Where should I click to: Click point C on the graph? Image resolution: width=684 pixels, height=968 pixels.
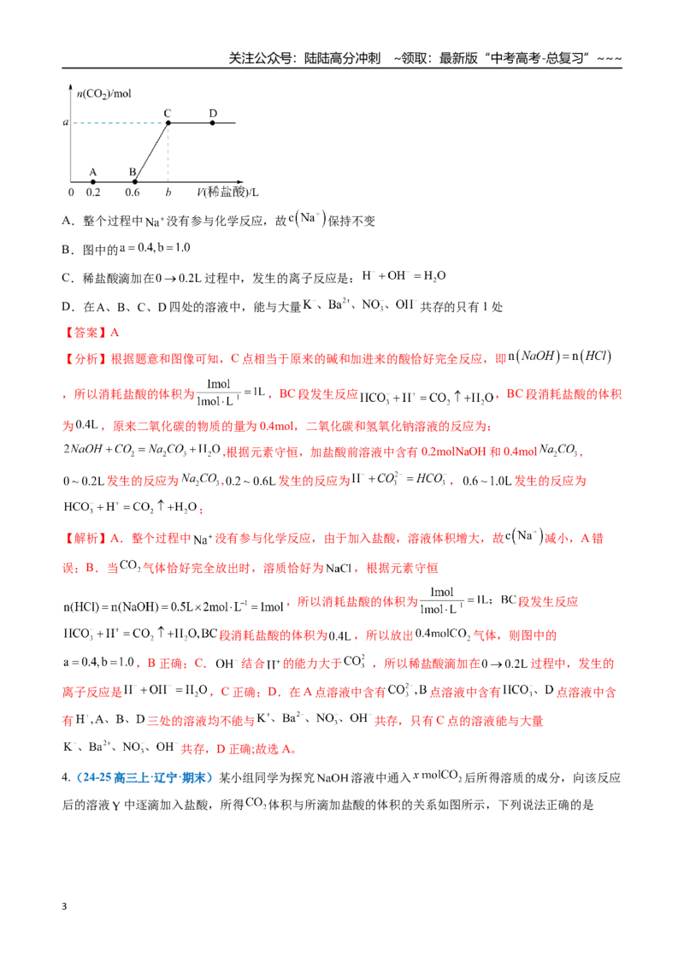point(168,123)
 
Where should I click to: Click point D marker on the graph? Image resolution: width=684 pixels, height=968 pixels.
point(213,123)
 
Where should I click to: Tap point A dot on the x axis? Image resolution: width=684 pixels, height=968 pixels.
point(93,182)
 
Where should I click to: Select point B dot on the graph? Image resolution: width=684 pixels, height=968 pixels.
point(135,182)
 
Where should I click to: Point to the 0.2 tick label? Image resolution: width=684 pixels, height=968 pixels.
point(93,192)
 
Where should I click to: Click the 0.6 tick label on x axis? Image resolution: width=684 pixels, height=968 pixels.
point(133,192)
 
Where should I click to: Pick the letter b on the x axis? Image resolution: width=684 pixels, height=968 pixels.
point(168,192)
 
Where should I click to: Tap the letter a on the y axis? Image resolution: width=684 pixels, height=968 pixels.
point(66,122)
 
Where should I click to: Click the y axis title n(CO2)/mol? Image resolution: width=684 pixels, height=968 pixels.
point(103,93)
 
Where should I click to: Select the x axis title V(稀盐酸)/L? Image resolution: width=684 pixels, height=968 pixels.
point(227,192)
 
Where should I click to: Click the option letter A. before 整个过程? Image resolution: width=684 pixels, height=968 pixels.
point(68,221)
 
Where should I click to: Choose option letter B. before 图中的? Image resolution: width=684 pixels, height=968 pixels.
point(68,250)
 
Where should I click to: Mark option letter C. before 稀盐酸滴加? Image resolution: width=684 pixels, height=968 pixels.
point(68,278)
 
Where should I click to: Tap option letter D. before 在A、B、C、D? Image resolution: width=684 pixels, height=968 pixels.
point(68,307)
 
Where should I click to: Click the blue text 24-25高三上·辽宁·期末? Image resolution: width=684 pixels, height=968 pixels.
point(144,777)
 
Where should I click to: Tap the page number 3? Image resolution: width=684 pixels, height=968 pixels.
point(64,906)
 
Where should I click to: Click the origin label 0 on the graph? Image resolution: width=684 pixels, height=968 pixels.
point(71,192)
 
